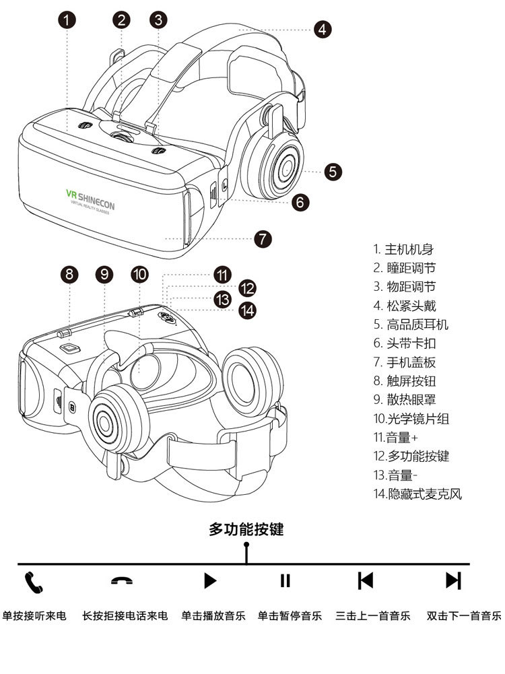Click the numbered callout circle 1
(67, 20)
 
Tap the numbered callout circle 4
(322, 29)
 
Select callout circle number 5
(333, 171)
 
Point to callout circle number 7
(263, 238)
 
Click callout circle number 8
(70, 274)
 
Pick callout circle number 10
(139, 274)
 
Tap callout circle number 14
(249, 310)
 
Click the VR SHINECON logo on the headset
(90, 199)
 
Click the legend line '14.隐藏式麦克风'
(417, 494)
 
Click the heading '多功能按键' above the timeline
(246, 529)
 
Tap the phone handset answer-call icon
(34, 582)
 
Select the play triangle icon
(210, 580)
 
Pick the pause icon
(285, 580)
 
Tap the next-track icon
(453, 580)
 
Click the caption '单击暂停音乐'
(290, 615)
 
